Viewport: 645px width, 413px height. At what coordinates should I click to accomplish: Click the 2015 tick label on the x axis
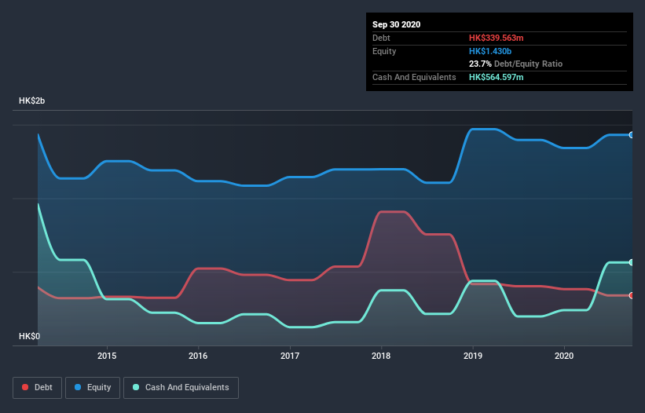[x=107, y=355]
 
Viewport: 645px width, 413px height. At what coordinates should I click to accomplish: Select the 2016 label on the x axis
[x=199, y=355]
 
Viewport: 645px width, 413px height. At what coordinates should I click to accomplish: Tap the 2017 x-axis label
[x=290, y=355]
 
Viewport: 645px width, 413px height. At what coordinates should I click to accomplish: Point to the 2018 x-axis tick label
[x=381, y=355]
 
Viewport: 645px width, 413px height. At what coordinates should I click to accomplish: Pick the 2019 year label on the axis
[x=473, y=355]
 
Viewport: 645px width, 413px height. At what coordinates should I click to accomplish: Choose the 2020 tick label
[x=564, y=355]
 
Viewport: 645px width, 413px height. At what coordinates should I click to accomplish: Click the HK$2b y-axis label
[x=32, y=101]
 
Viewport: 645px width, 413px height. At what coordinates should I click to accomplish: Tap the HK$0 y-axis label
[x=30, y=336]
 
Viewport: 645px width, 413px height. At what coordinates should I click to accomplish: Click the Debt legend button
[x=37, y=387]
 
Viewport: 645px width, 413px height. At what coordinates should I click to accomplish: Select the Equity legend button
[x=93, y=387]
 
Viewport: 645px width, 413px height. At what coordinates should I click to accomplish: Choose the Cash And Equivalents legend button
[x=181, y=387]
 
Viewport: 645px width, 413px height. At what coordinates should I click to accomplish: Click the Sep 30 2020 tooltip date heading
[x=397, y=24]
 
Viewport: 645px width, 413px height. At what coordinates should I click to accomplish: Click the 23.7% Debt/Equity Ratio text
[x=515, y=64]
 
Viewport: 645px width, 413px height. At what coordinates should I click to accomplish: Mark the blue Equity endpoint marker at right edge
[x=631, y=135]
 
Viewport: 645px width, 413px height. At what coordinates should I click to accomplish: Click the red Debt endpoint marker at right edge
[x=631, y=295]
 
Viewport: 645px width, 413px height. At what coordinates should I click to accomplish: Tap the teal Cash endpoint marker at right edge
[x=631, y=262]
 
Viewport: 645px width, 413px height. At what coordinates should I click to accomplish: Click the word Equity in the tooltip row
[x=384, y=51]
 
